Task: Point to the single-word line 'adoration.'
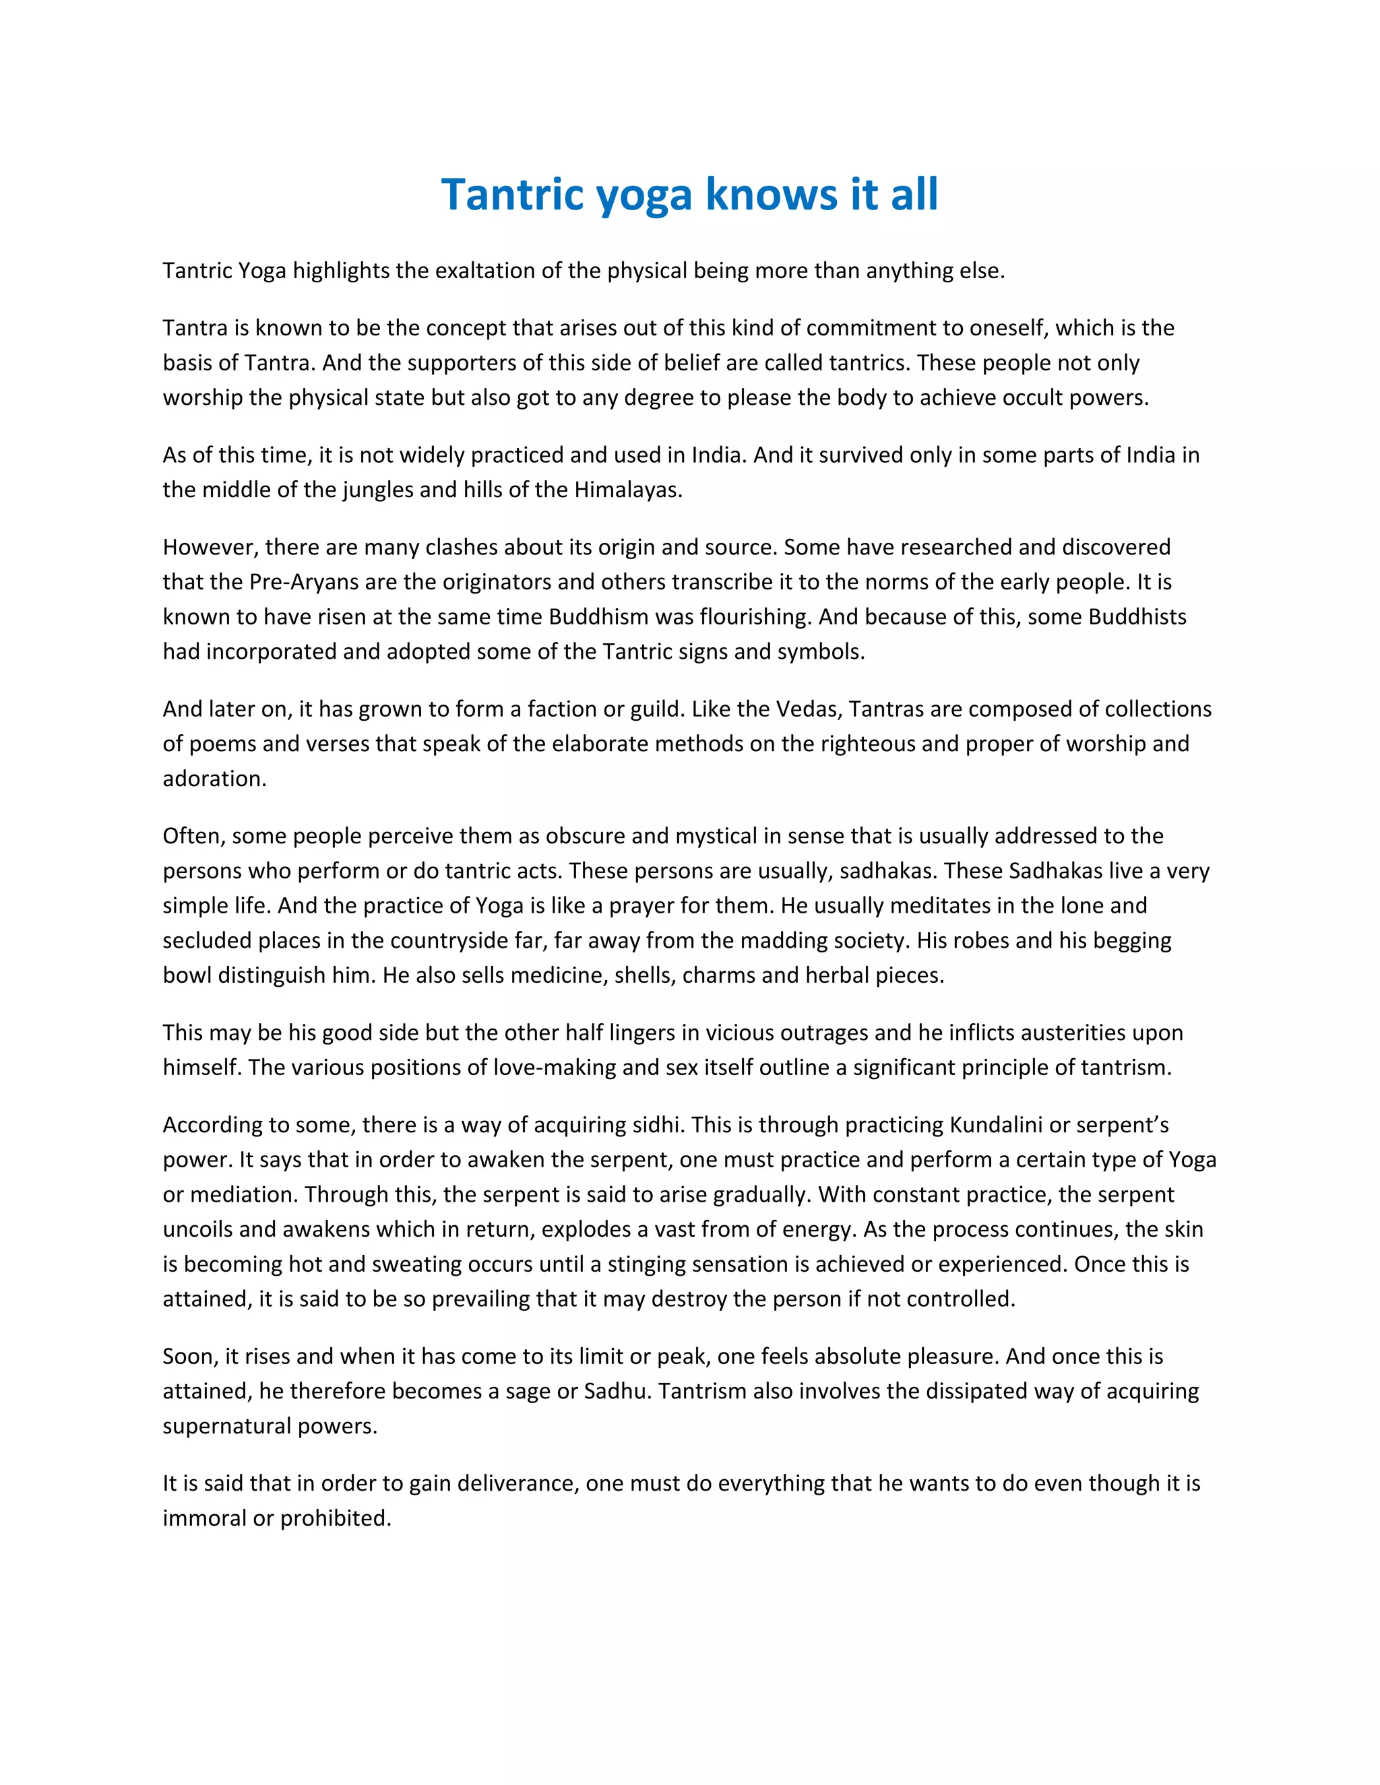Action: [214, 778]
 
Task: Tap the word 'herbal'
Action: [832, 975]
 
